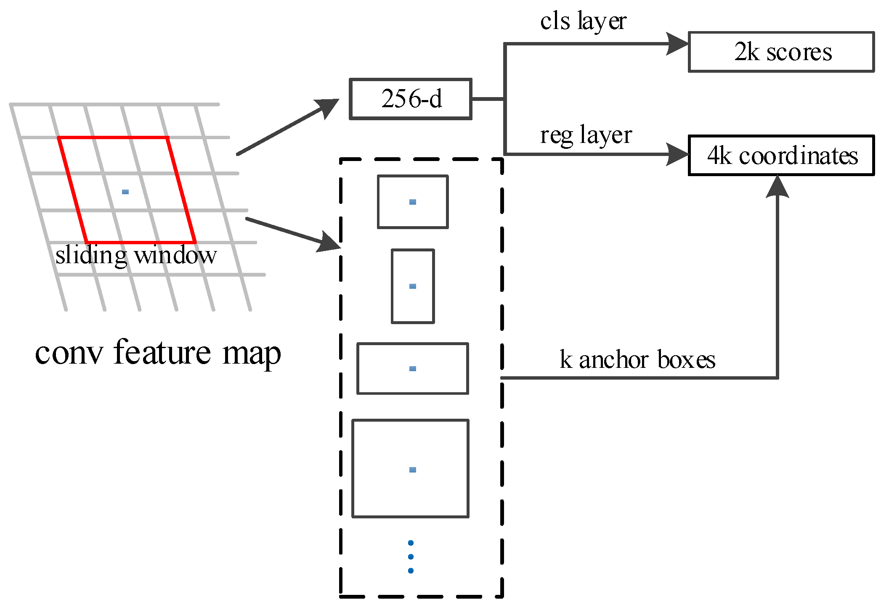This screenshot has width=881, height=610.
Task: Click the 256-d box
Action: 411,99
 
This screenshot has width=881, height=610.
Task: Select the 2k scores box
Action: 781,52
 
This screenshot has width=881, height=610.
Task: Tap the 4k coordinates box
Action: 781,156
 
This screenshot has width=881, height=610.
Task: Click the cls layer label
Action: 583,21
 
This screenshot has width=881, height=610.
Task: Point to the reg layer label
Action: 586,135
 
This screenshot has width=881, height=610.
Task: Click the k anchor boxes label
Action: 637,360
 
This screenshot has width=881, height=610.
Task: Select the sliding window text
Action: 136,256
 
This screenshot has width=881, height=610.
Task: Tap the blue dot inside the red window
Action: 125,192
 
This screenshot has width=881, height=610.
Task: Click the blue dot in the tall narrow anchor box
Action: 413,286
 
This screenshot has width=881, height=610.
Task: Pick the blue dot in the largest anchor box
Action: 413,470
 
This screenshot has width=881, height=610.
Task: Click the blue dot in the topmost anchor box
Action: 413,202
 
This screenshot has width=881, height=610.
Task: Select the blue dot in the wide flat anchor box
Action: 413,369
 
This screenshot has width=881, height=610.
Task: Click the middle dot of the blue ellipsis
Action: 411,557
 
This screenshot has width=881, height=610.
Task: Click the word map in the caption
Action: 252,354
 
